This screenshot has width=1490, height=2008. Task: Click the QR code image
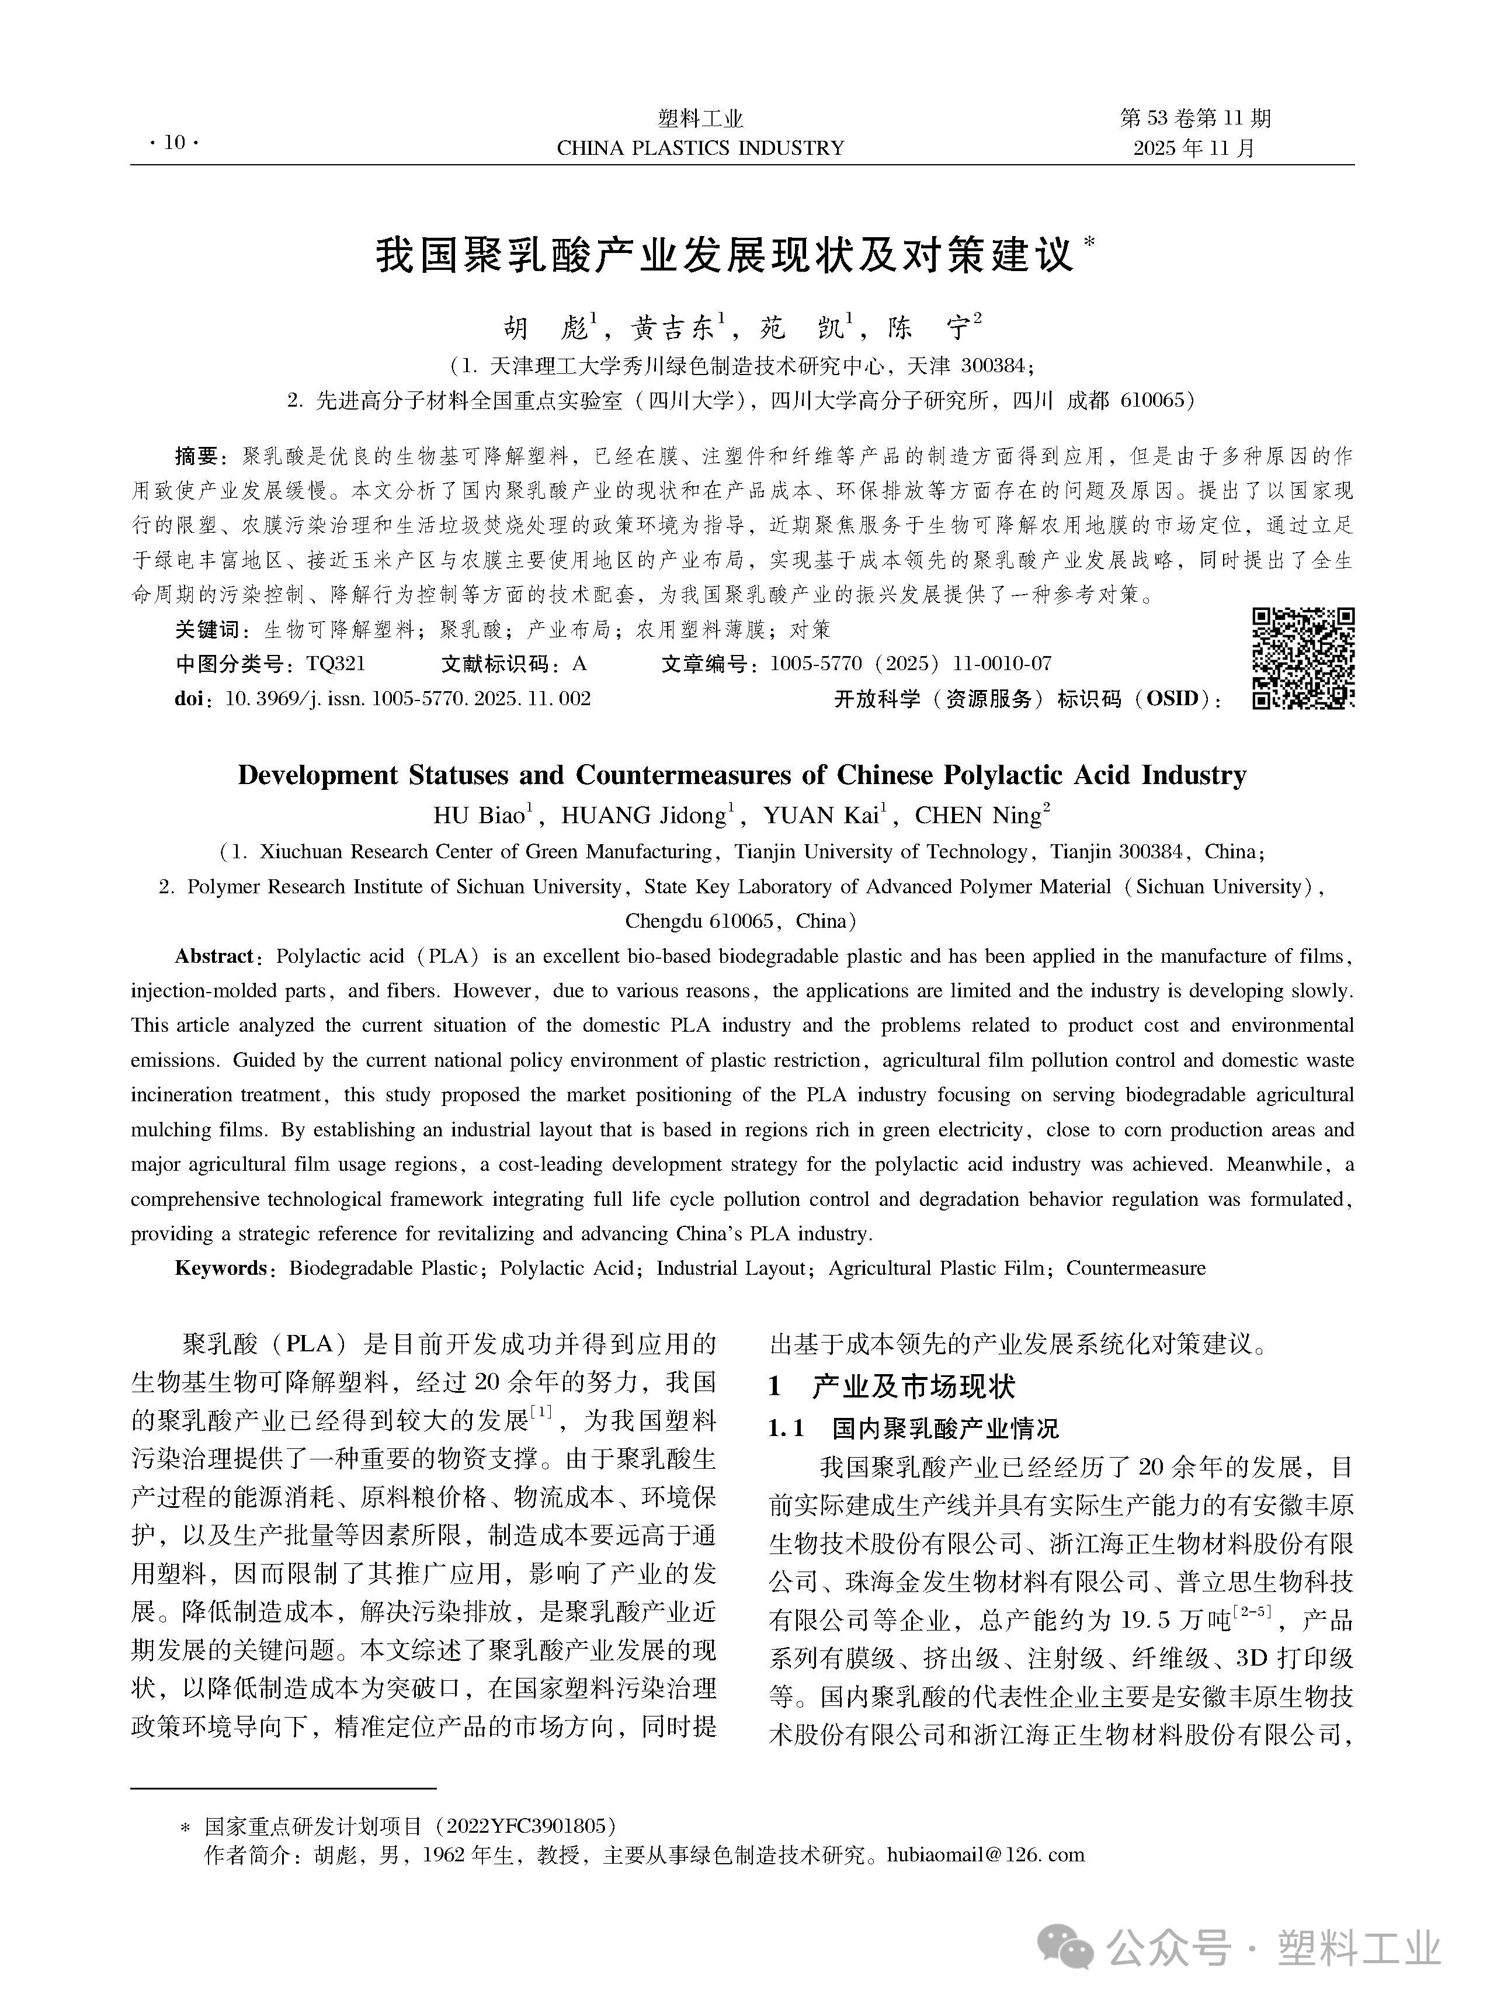[1303, 658]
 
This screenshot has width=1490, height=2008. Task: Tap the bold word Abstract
[214, 956]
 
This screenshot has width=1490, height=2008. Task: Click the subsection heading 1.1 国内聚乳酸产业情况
[913, 1428]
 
